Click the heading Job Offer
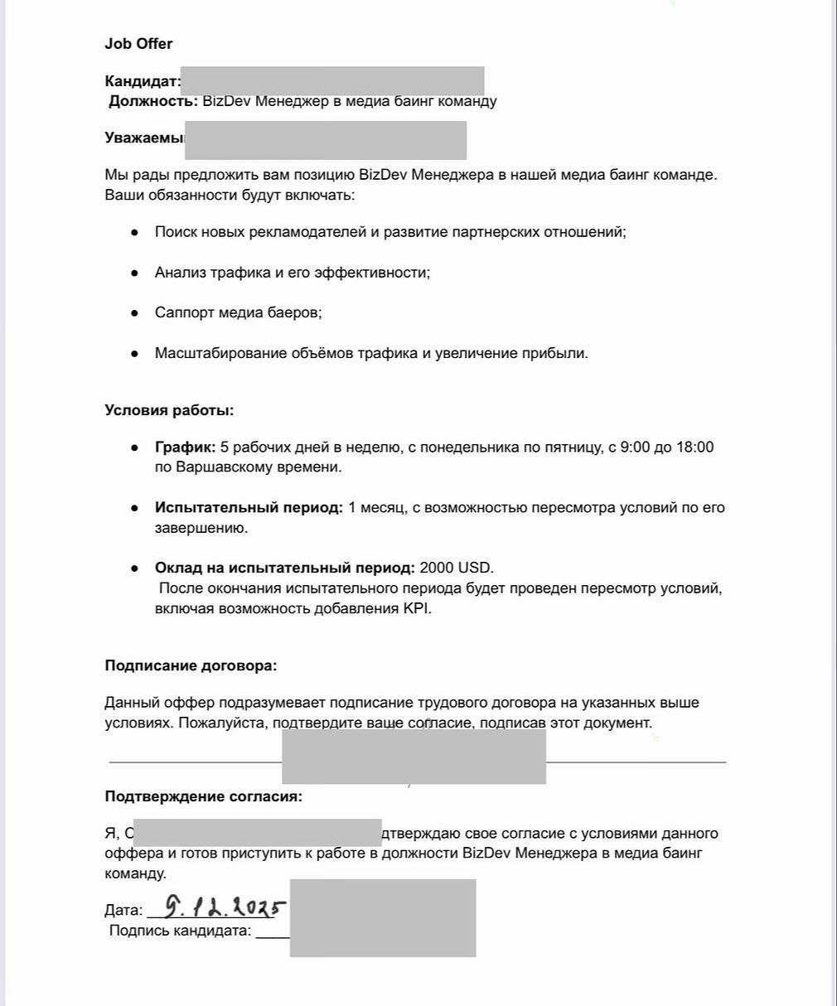point(138,44)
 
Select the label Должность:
point(153,101)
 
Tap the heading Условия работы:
point(169,410)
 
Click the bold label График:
point(185,447)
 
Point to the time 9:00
point(636,447)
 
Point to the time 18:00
point(694,447)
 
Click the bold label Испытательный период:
point(249,508)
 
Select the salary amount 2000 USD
point(456,568)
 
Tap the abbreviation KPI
point(417,608)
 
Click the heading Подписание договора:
point(191,665)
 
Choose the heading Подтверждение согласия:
point(203,797)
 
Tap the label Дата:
point(123,911)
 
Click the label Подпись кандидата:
point(180,931)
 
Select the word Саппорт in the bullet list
point(185,313)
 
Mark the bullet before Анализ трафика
point(134,273)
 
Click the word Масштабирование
point(220,354)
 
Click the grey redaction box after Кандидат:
point(331,81)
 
